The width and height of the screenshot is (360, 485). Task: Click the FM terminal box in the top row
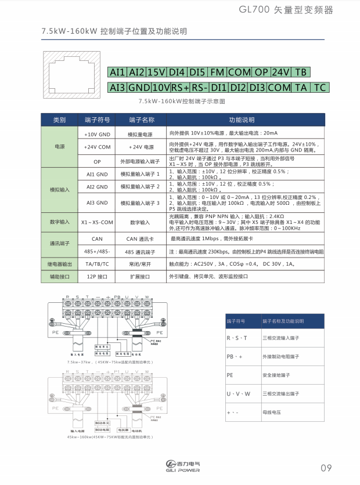pyautogui.click(x=217, y=72)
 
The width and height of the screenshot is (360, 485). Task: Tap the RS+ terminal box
pyautogui.click(x=180, y=88)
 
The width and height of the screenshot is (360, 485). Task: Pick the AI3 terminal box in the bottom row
pyautogui.click(x=118, y=88)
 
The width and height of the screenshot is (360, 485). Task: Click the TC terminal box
pyautogui.click(x=319, y=88)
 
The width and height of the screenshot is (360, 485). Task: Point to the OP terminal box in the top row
pyautogui.click(x=261, y=72)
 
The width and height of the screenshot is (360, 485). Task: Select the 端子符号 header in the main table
pyautogui.click(x=97, y=120)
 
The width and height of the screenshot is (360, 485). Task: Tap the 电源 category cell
pyautogui.click(x=60, y=147)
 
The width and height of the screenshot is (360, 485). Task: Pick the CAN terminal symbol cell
pyautogui.click(x=97, y=238)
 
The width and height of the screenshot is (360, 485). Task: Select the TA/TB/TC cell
pyautogui.click(x=97, y=263)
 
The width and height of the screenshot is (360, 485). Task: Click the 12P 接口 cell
pyautogui.click(x=97, y=277)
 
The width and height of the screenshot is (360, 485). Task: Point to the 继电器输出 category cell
pyautogui.click(x=60, y=263)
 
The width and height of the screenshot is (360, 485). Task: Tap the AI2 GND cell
pyautogui.click(x=97, y=187)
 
